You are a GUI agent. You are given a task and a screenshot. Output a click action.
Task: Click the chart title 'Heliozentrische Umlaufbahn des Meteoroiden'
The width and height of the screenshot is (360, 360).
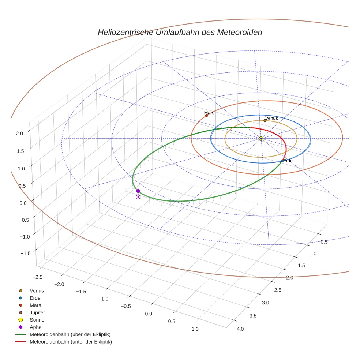(180, 32)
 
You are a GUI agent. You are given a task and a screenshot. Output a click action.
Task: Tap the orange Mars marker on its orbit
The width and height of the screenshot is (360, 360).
(207, 115)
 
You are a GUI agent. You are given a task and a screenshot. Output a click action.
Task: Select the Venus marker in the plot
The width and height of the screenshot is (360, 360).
(265, 120)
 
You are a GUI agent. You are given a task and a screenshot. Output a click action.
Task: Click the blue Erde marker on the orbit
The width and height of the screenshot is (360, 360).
(282, 161)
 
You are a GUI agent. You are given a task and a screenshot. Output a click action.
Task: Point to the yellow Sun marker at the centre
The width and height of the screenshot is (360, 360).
(261, 139)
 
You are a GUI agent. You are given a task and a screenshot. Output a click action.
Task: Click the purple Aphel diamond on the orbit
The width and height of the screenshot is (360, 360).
(138, 191)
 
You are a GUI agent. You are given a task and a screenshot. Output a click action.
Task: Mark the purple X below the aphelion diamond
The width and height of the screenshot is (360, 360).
(138, 197)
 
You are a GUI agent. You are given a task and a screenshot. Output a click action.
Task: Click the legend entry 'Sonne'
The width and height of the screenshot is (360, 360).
(37, 320)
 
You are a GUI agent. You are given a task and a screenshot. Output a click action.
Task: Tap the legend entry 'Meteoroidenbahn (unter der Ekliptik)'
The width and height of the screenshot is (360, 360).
(71, 342)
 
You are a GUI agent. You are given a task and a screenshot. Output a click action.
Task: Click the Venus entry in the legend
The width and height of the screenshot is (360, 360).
(37, 290)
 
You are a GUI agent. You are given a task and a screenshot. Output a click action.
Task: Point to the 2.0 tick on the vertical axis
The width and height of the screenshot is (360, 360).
(19, 134)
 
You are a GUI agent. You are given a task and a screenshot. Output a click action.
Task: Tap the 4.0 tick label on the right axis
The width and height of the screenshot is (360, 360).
(240, 329)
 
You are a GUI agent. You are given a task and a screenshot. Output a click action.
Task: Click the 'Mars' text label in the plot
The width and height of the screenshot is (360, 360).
(209, 113)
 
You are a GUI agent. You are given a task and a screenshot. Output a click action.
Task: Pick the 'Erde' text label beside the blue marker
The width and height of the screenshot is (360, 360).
(288, 161)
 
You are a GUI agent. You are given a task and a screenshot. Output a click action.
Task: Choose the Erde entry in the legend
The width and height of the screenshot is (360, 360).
(35, 298)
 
